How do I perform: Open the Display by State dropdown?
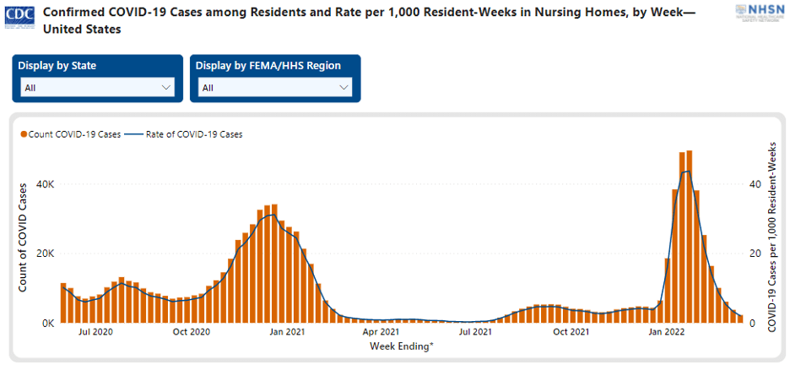98,87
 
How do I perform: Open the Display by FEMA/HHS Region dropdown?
275,87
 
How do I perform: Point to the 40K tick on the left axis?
45,184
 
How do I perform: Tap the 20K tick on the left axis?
45,253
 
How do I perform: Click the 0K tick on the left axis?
47,323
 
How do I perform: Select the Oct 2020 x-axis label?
191,332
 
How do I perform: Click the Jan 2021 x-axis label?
286,332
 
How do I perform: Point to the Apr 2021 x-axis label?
381,332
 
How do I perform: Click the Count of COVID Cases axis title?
24,238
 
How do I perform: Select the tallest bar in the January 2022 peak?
690,237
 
